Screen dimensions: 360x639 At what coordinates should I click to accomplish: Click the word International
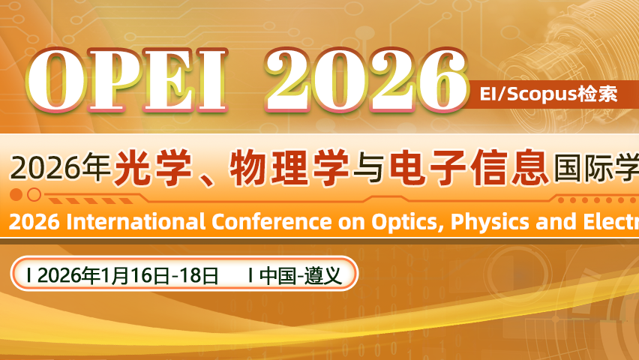pos(132,223)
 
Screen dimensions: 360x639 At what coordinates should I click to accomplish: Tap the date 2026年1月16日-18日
pos(127,275)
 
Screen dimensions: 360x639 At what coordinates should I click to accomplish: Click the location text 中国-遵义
pos(301,275)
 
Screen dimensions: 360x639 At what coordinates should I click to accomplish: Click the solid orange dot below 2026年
pos(16,195)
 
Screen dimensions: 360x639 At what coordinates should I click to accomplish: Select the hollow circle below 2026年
pos(34,195)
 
